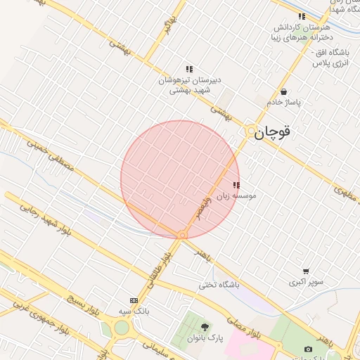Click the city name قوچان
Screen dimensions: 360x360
(x=273, y=131)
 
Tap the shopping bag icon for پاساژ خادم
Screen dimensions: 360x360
(x=283, y=91)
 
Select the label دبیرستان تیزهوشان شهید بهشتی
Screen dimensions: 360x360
(x=189, y=86)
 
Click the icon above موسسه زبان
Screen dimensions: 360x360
(x=236, y=185)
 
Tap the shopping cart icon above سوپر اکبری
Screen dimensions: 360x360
(x=305, y=271)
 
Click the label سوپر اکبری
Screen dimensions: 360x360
(x=306, y=282)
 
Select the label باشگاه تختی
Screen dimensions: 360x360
(x=219, y=285)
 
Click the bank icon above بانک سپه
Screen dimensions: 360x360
(x=134, y=300)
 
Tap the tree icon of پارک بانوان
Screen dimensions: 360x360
(x=205, y=327)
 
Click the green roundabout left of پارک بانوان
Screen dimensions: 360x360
(x=122, y=327)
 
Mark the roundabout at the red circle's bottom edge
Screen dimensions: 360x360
(x=182, y=235)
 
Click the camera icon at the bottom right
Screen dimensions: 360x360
(x=308, y=349)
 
